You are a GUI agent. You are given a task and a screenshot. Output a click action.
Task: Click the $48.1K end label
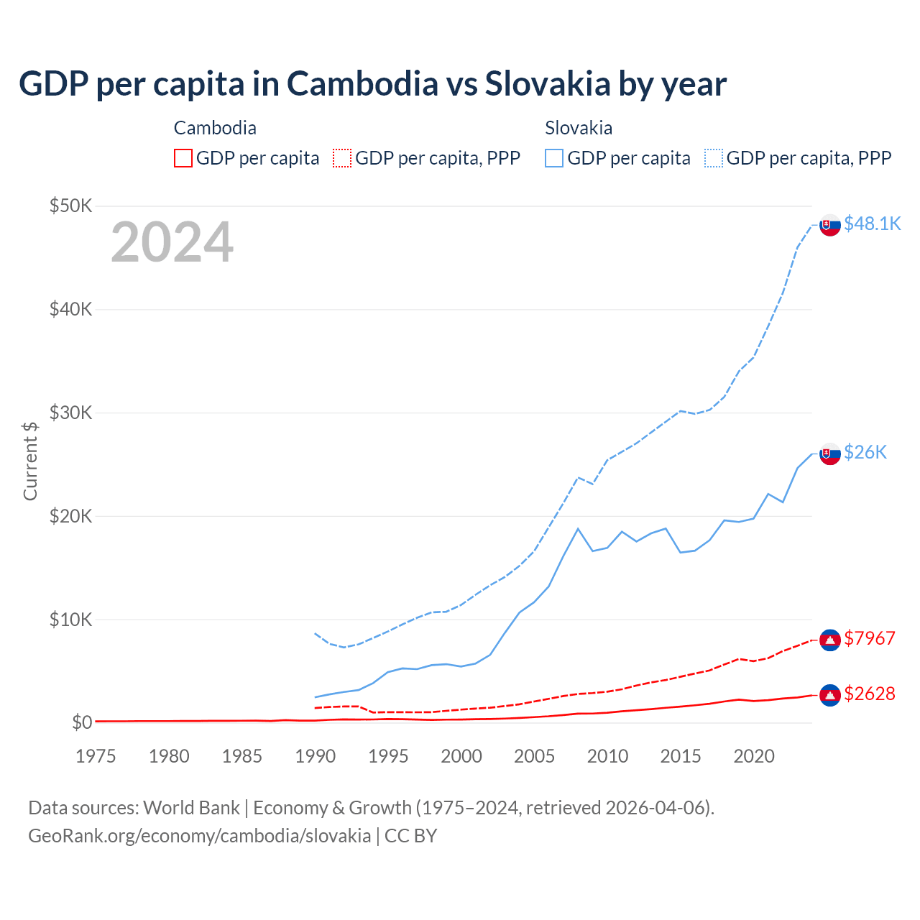pyautogui.click(x=872, y=224)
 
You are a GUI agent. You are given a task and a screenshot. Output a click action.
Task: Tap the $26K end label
pyautogui.click(x=865, y=452)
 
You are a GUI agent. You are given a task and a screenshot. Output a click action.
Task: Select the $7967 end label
pyautogui.click(x=870, y=638)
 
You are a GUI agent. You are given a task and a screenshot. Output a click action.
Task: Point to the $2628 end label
pyautogui.click(x=870, y=694)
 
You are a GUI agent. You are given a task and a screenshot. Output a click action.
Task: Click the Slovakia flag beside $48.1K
pyautogui.click(x=830, y=225)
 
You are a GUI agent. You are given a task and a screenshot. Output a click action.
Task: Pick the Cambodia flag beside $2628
pyautogui.click(x=830, y=695)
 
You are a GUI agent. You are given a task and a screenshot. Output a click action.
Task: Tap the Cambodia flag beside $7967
pyautogui.click(x=830, y=640)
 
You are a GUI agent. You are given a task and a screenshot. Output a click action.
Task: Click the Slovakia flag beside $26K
pyautogui.click(x=830, y=454)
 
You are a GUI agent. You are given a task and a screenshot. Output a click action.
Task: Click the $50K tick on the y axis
pyautogui.click(x=70, y=206)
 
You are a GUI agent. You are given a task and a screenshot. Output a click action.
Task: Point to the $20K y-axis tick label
pyautogui.click(x=70, y=516)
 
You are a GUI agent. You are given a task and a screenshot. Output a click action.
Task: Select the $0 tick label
pyautogui.click(x=81, y=722)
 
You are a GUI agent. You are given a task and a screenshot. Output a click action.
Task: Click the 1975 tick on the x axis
pyautogui.click(x=96, y=756)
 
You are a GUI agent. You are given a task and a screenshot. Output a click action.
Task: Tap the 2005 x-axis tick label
pyautogui.click(x=535, y=756)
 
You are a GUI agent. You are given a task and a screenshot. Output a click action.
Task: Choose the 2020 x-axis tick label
pyautogui.click(x=754, y=756)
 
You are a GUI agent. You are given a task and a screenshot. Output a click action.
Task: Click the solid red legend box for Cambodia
pyautogui.click(x=183, y=158)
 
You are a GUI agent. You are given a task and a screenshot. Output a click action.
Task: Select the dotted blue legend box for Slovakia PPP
pyautogui.click(x=714, y=158)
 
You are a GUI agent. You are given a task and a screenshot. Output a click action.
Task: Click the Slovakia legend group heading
pyautogui.click(x=579, y=128)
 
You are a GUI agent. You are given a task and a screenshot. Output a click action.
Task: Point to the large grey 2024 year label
pyautogui.click(x=172, y=242)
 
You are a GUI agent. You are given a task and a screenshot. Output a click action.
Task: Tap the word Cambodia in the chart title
pyautogui.click(x=362, y=83)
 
